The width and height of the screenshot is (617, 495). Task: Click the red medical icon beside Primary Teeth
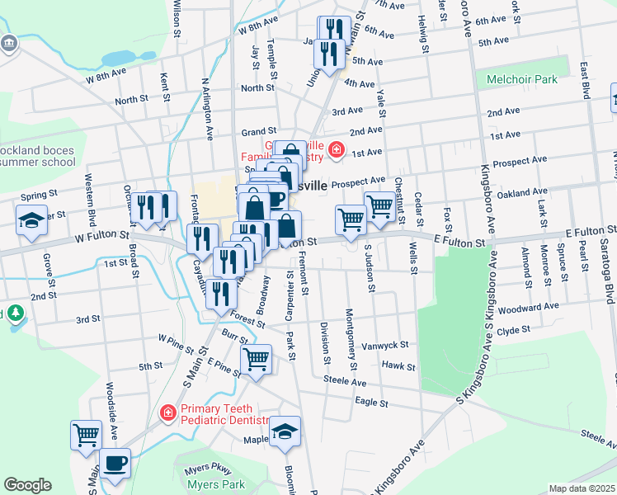coord(167,411)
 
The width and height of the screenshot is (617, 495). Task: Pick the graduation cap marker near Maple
coord(285,431)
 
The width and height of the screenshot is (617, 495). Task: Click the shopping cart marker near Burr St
coord(257,360)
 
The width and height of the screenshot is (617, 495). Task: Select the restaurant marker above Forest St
coord(220,293)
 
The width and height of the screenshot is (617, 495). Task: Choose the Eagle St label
coord(371,403)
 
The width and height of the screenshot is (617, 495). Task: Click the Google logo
coord(27,485)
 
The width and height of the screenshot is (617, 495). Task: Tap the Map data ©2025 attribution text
coord(582,488)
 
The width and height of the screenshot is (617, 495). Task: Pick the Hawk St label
coord(398,365)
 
